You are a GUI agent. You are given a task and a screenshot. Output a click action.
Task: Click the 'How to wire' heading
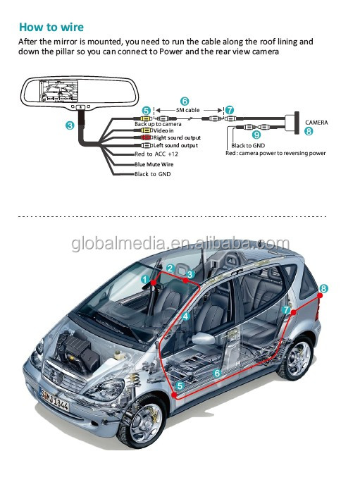tap(51, 27)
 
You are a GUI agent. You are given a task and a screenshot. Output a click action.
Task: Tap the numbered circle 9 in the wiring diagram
tap(256, 135)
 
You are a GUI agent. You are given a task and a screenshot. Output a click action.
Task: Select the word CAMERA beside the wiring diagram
tap(316, 123)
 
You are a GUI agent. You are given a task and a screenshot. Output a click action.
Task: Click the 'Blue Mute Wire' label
tap(154, 164)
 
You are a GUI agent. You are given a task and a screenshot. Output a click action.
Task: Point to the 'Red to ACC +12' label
tap(156, 154)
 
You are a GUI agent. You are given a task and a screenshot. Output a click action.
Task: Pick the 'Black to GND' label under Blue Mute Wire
tap(152, 174)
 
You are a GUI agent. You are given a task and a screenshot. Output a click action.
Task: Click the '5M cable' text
tap(188, 110)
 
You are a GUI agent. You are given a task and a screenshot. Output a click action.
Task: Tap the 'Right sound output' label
tap(178, 137)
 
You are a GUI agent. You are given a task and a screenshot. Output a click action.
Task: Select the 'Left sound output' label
tap(175, 145)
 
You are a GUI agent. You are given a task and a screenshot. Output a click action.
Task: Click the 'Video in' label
tap(163, 130)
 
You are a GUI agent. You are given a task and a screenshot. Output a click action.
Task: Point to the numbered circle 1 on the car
tap(145, 280)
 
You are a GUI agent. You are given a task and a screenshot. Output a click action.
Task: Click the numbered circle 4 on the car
tap(185, 316)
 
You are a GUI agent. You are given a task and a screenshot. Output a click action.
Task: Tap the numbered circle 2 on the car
tap(170, 269)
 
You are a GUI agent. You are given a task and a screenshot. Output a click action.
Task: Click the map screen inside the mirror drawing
tap(58, 90)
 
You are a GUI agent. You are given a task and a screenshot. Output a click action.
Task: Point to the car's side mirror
tap(204, 338)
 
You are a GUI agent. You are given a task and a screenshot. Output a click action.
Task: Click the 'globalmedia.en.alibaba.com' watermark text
tap(180, 244)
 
